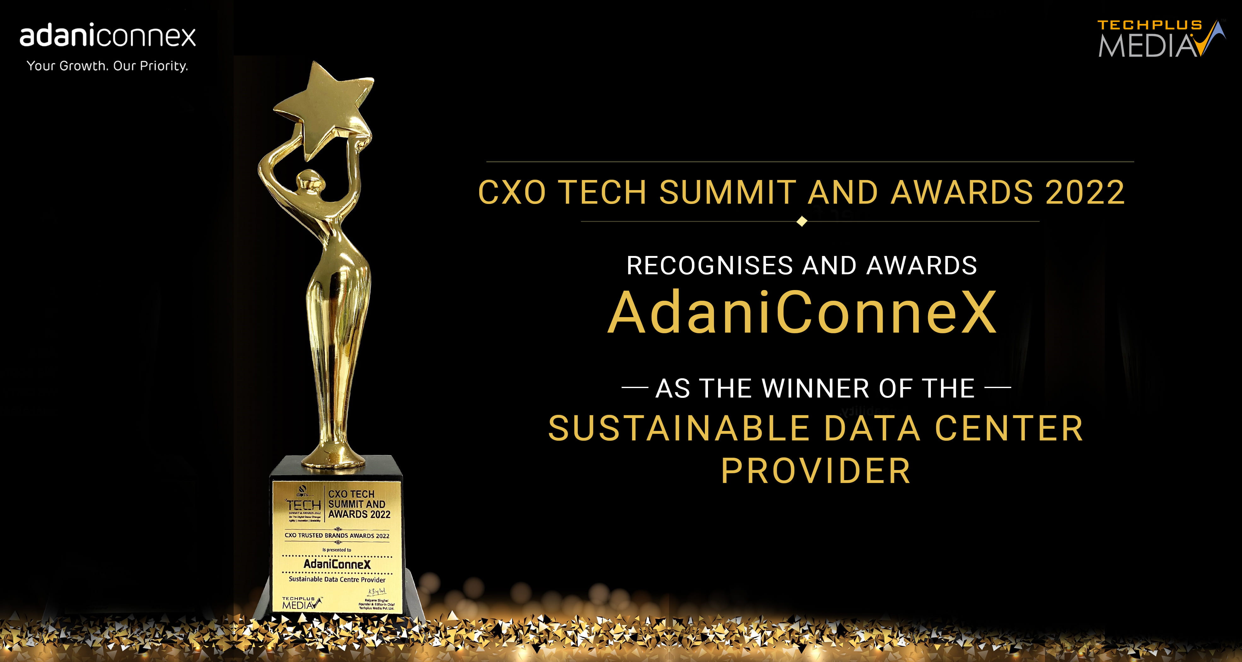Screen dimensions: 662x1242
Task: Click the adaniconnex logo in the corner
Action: tap(107, 37)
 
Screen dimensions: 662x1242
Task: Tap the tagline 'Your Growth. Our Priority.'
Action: tap(107, 66)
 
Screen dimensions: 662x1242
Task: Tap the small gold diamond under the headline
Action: tap(802, 221)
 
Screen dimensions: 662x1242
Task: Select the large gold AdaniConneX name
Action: tap(802, 312)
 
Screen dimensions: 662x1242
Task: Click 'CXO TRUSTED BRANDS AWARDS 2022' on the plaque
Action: tap(337, 535)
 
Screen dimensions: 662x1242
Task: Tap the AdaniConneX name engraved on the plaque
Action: tap(337, 564)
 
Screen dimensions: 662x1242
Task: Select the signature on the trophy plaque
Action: tap(377, 592)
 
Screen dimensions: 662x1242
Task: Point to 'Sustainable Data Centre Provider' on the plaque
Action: tap(337, 579)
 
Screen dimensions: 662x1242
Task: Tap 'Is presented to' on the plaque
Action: tap(337, 550)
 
